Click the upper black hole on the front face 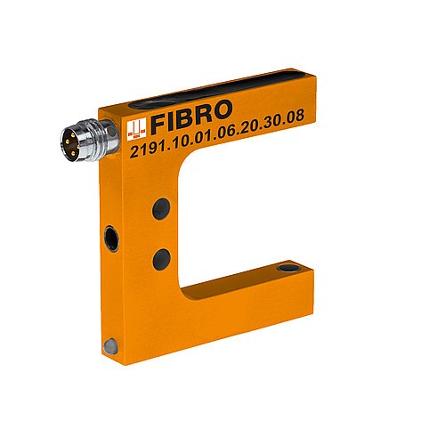[x=161, y=210]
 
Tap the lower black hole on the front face [x=161, y=259]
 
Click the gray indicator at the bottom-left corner [x=109, y=344]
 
